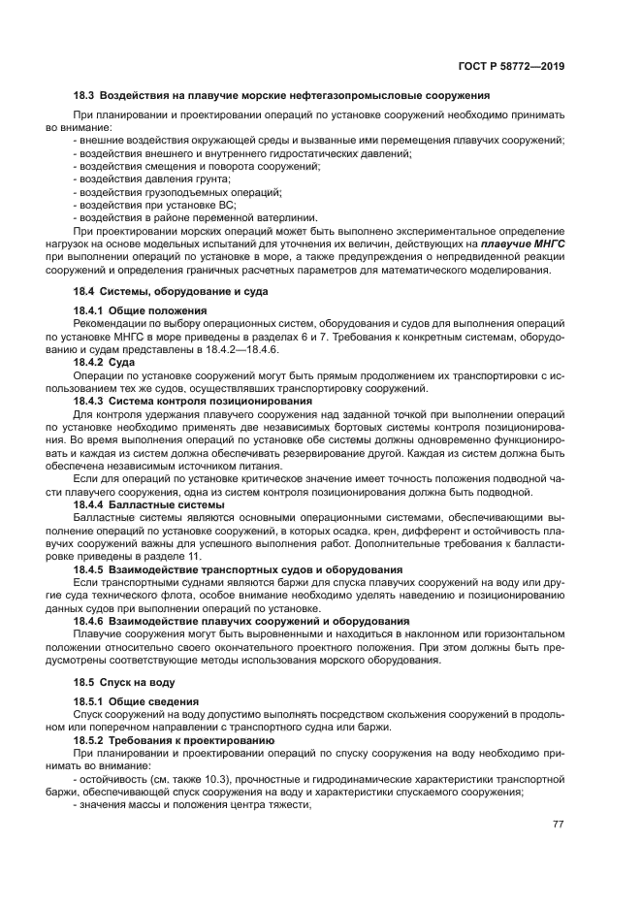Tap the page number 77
559,824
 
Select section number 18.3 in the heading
85,95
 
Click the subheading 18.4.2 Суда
105,361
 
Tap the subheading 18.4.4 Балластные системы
148,503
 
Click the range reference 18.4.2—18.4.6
243,348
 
